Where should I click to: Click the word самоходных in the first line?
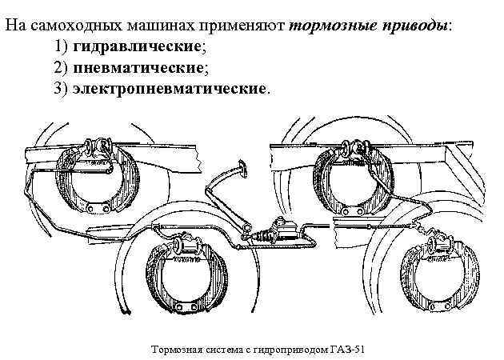[69, 23]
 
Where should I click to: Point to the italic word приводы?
[411, 23]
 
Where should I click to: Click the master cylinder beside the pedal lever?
[283, 231]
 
